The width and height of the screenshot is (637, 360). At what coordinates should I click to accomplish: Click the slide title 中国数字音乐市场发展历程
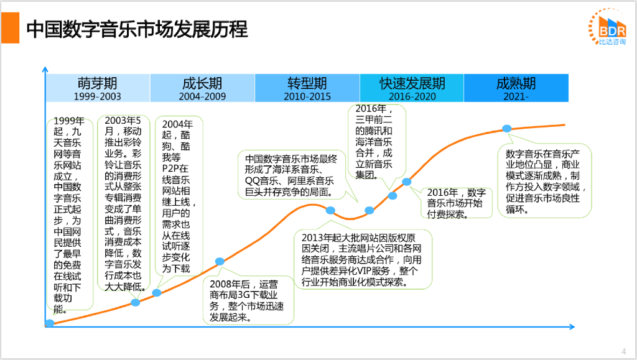pyautogui.click(x=137, y=29)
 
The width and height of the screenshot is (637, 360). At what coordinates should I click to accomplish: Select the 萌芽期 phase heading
pyautogui.click(x=97, y=83)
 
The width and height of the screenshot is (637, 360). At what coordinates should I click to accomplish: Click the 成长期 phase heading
pyautogui.click(x=202, y=83)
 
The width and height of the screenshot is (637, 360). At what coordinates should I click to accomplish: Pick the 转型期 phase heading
pyautogui.click(x=307, y=83)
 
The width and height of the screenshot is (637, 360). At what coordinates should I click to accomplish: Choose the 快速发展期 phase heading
pyautogui.click(x=412, y=83)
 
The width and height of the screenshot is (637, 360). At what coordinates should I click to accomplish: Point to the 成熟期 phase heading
pyautogui.click(x=516, y=83)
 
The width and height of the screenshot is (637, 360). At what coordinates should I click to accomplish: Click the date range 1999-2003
pyautogui.click(x=97, y=96)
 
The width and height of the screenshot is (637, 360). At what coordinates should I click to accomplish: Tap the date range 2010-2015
pyautogui.click(x=307, y=96)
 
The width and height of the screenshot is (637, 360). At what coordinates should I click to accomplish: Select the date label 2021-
pyautogui.click(x=516, y=96)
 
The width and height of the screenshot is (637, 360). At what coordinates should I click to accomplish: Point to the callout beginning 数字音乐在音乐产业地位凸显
pyautogui.click(x=545, y=181)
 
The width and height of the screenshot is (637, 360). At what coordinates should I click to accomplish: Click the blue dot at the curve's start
pyautogui.click(x=49, y=323)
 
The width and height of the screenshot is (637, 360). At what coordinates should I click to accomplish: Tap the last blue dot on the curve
pyautogui.click(x=506, y=129)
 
